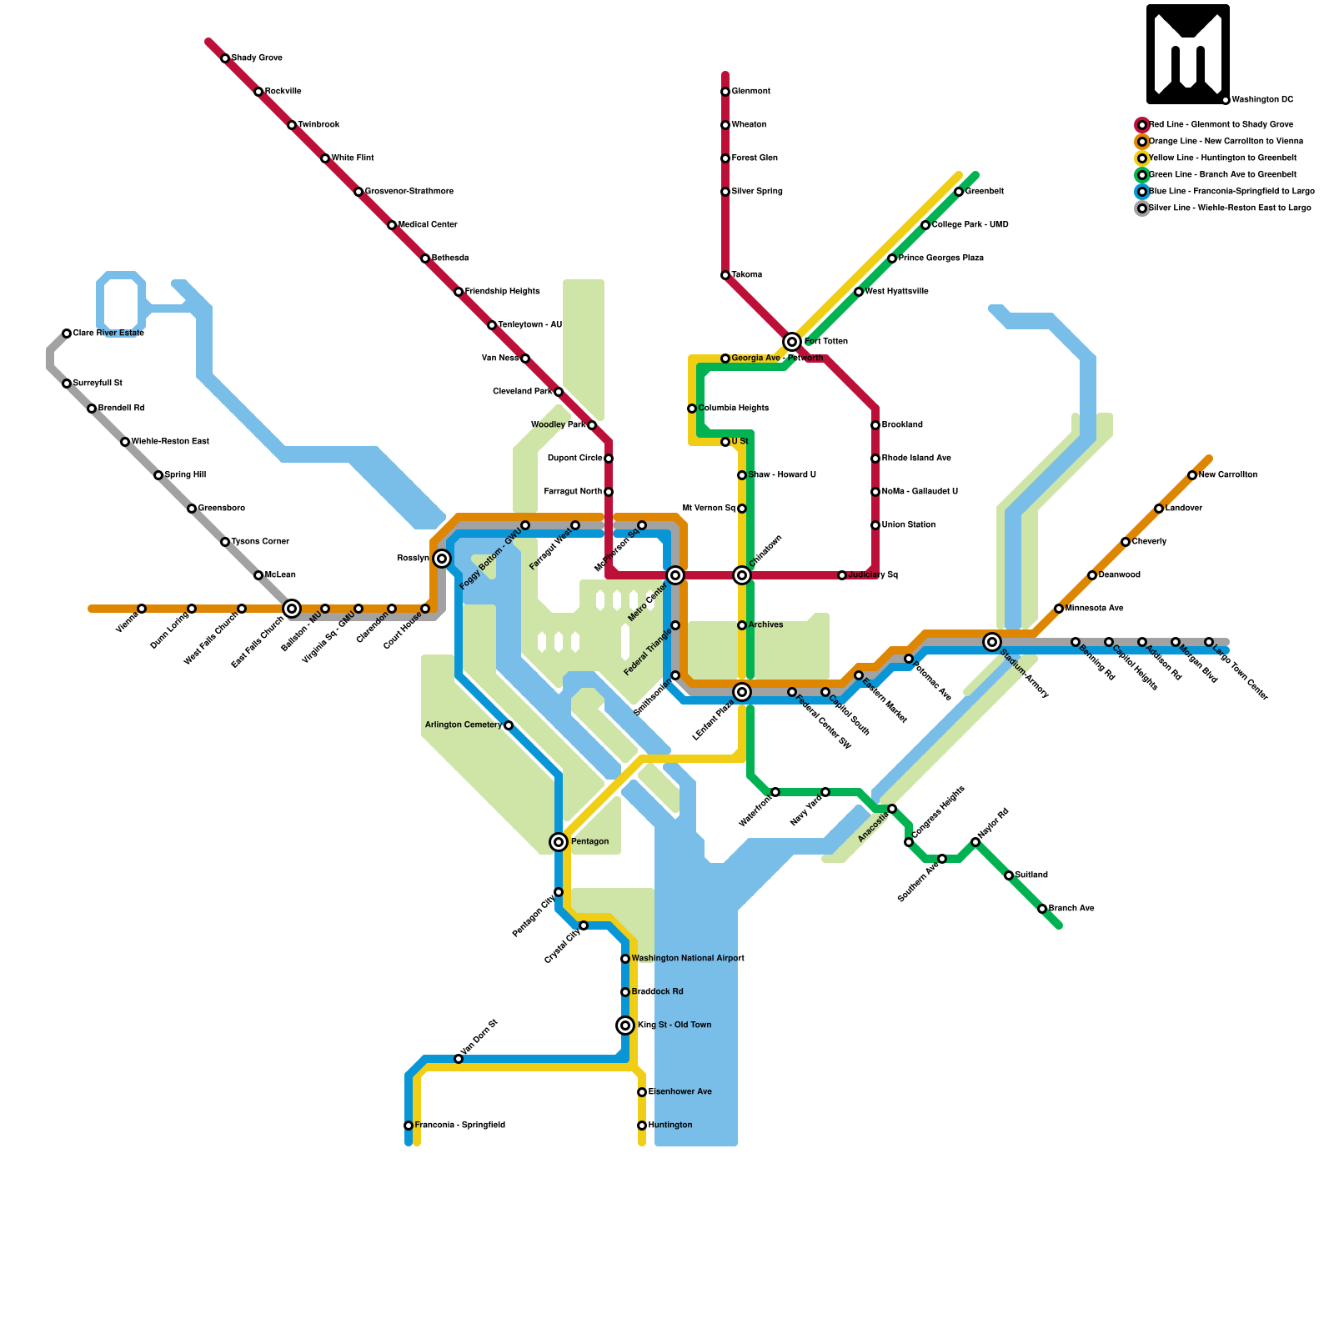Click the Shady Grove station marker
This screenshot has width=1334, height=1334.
pos(225,58)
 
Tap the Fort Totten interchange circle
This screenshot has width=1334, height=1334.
pos(792,342)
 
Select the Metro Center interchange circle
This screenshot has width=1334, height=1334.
pos(675,575)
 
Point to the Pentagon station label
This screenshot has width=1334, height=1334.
pos(589,842)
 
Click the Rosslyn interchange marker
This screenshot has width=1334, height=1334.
pos(442,559)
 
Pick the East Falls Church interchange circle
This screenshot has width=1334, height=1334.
pos(292,609)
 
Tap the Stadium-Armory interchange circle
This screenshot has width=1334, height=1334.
pos(992,642)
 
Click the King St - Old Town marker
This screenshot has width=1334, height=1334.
pos(625,1026)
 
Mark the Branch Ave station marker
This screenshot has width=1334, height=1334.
pos(1042,909)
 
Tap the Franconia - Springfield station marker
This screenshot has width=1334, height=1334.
pos(409,1126)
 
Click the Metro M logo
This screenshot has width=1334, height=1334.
pos(1188,54)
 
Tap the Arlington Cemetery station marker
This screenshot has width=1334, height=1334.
pos(509,725)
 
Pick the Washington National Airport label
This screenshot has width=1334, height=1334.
pos(687,959)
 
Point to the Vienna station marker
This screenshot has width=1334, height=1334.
pos(142,609)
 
